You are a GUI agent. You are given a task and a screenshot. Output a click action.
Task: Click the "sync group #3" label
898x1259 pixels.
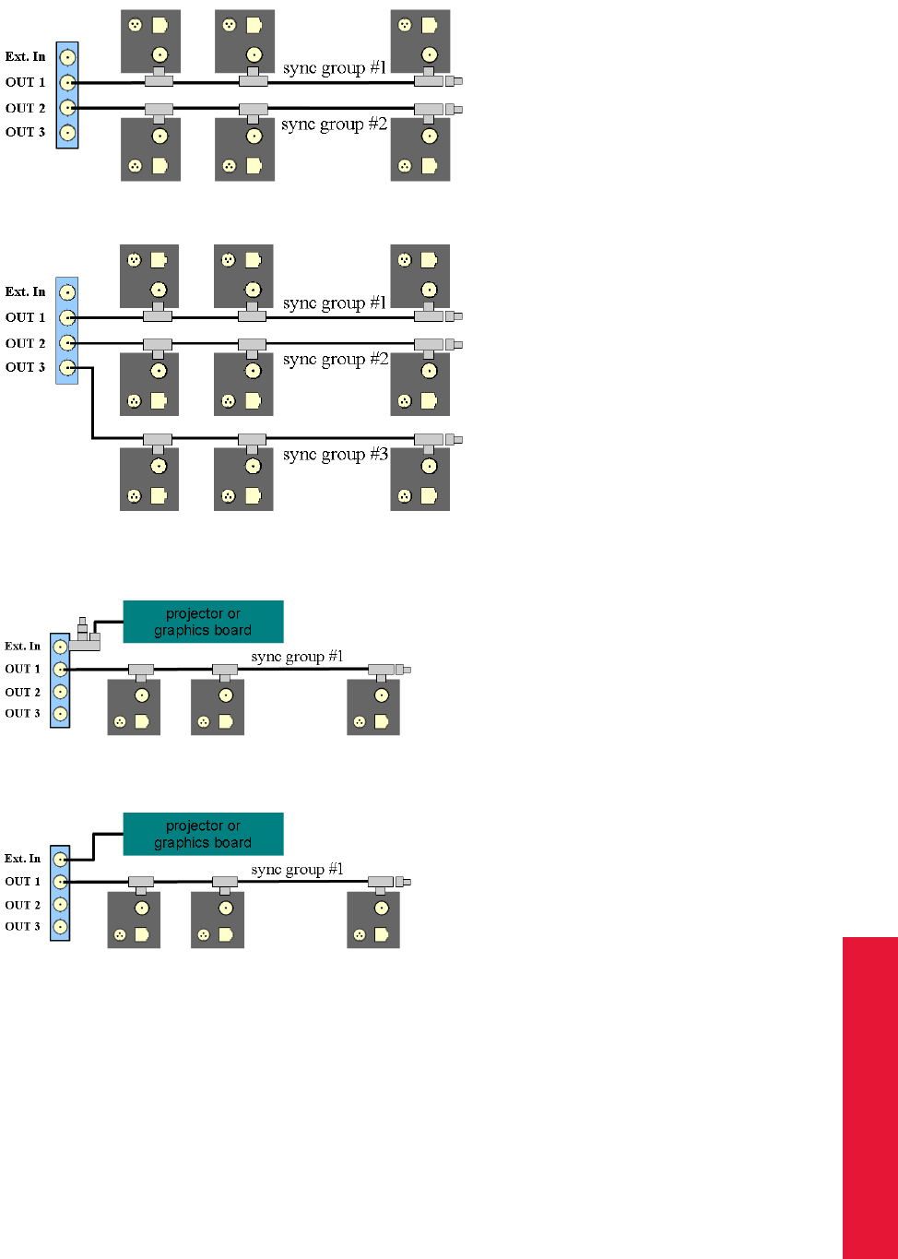click(336, 455)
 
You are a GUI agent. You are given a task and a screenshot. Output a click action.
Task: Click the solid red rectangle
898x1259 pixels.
click(869, 1098)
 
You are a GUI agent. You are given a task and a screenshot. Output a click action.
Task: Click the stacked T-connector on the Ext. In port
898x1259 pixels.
click(84, 635)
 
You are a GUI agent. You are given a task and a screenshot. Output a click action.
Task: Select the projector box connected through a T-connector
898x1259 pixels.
click(203, 622)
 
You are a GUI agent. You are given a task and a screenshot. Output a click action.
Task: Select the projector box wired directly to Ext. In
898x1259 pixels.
click(203, 834)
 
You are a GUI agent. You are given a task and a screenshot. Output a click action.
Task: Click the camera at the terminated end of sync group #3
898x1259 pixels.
click(420, 479)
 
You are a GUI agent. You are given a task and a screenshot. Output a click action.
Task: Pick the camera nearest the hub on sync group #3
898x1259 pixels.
click(149, 479)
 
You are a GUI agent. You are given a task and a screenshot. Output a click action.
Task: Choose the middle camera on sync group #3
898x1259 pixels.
click(242, 479)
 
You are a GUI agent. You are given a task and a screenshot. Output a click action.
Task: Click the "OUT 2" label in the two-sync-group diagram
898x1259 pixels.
click(26, 108)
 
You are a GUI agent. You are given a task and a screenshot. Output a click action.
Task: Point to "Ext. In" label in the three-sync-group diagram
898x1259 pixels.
click(25, 291)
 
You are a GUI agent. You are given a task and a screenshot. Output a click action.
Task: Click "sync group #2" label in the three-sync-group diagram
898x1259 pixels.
click(336, 360)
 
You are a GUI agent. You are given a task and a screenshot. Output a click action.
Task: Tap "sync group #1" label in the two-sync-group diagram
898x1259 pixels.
click(336, 68)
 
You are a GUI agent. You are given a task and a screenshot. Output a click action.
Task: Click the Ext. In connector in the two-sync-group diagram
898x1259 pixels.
click(67, 57)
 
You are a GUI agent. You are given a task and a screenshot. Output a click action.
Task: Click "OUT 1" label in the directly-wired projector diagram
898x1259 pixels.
click(23, 882)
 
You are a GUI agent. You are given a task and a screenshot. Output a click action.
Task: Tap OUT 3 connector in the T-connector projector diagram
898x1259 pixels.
click(60, 714)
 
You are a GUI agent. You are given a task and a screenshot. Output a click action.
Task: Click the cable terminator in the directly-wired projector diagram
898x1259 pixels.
click(403, 882)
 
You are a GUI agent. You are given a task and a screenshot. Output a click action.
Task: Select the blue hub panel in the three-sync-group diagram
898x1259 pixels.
click(67, 330)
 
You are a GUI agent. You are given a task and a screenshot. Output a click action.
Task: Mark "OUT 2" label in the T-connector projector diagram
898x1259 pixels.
click(23, 692)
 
